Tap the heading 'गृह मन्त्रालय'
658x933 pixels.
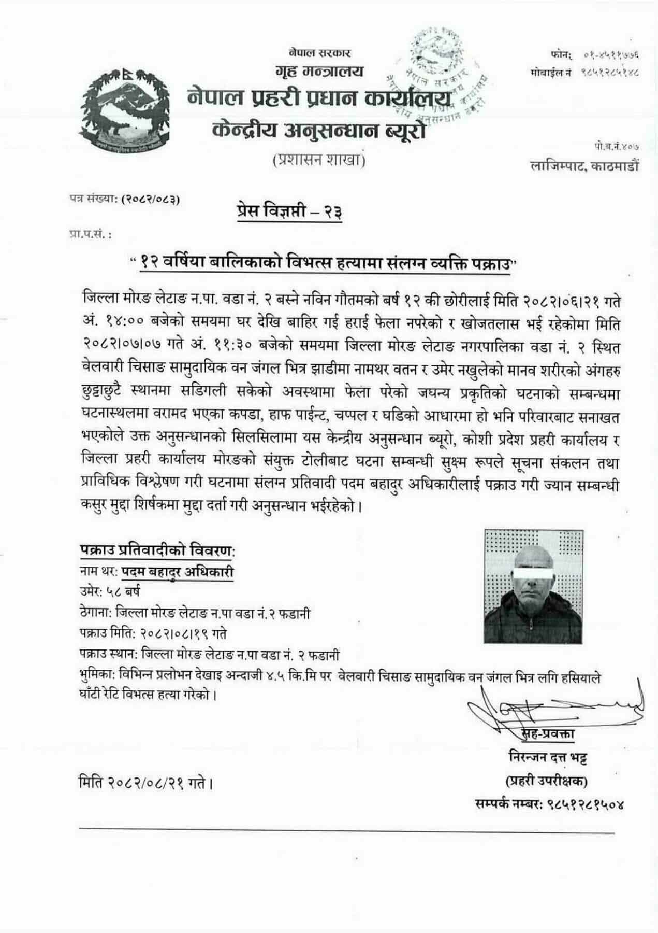[x=320, y=72]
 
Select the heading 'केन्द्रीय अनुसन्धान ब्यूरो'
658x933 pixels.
[x=319, y=130]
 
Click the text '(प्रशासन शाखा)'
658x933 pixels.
[x=319, y=161]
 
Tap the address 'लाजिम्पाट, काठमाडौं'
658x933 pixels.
[x=586, y=166]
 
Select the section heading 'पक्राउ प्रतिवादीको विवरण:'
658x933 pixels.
[x=160, y=550]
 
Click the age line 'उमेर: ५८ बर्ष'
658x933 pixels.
[x=110, y=592]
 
